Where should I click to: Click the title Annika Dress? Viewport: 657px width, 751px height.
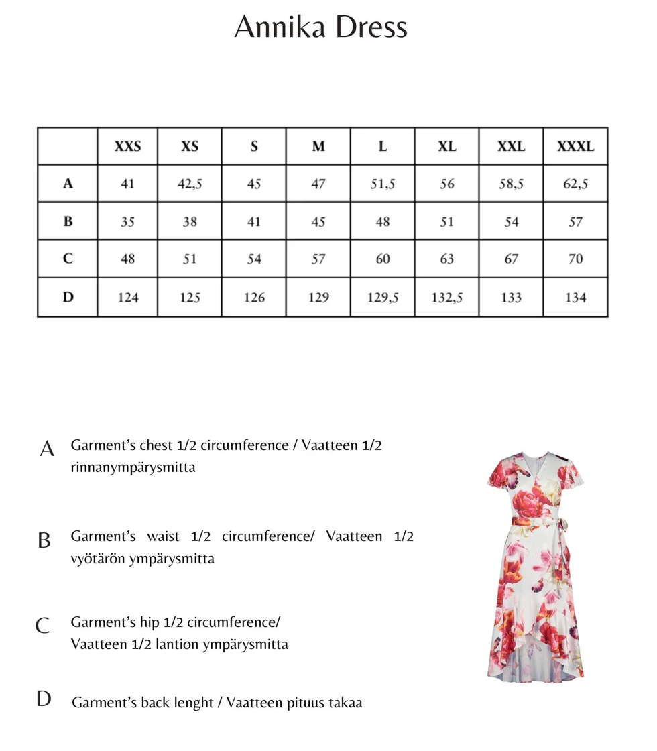tap(321, 27)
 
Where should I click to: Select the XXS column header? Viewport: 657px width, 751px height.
tap(127, 146)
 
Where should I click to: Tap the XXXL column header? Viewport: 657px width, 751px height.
tap(575, 146)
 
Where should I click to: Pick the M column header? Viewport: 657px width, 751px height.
tap(318, 146)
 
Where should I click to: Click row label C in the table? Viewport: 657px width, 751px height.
tap(68, 259)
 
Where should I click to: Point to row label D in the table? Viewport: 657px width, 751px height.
tap(68, 297)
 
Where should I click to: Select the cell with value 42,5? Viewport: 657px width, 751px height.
tap(190, 184)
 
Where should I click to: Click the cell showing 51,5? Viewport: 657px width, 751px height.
tap(382, 184)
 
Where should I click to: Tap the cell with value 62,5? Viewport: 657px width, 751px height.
tap(575, 184)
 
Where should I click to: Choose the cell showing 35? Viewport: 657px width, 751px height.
tap(127, 222)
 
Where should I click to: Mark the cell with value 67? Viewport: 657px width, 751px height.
tap(511, 259)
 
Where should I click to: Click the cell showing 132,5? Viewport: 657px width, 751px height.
tap(446, 297)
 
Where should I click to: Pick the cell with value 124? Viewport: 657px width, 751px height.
tap(127, 297)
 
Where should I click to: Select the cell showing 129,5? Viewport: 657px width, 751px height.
tap(382, 297)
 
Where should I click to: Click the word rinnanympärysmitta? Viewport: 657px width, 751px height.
tap(133, 468)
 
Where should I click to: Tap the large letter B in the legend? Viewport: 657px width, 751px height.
tap(44, 540)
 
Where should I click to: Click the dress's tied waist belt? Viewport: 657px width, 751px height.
tap(536, 521)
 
